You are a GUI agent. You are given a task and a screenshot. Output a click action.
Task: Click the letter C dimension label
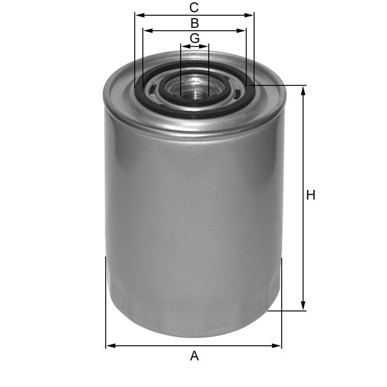(x=194, y=7)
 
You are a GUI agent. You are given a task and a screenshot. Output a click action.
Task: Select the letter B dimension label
(x=194, y=23)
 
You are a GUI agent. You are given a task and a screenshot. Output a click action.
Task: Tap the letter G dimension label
(x=194, y=38)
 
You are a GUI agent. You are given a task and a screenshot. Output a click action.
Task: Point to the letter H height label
(x=311, y=195)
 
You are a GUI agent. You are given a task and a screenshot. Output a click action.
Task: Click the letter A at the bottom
(x=194, y=356)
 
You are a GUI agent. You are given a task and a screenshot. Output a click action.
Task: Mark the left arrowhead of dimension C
(x=138, y=15)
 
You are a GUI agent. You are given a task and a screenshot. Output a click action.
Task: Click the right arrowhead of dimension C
(x=250, y=15)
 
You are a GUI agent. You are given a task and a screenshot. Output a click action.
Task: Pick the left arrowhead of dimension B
(x=146, y=30)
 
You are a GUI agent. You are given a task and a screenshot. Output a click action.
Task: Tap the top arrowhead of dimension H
(x=304, y=89)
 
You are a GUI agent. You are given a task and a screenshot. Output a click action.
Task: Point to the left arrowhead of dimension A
(x=109, y=346)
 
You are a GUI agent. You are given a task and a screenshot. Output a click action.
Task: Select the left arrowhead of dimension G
(x=183, y=46)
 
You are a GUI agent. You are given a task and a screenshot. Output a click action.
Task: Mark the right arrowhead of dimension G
(x=206, y=46)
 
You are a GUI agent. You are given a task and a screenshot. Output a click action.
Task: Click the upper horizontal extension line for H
(x=278, y=85)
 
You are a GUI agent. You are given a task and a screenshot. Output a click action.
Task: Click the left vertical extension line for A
(x=106, y=302)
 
